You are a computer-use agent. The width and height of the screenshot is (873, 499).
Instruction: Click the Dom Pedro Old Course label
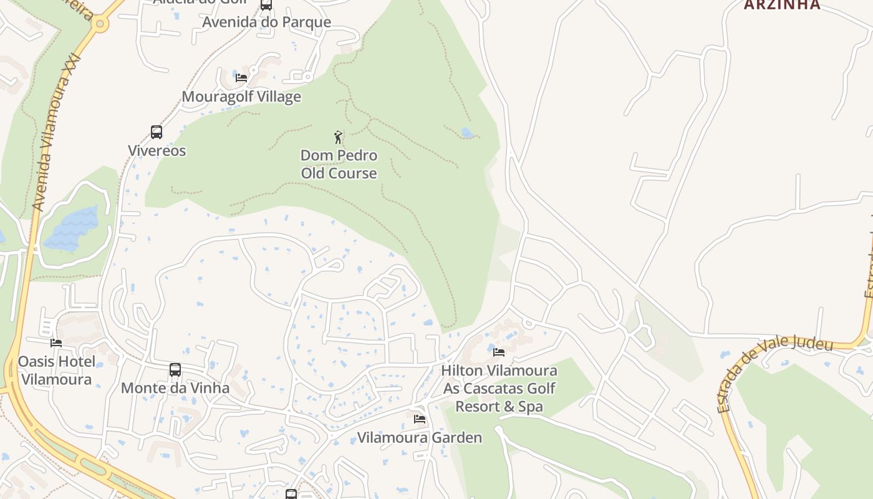point(339,164)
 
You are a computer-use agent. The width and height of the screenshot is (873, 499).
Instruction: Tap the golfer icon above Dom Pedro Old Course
point(338,137)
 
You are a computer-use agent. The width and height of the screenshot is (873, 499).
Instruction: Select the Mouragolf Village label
point(241,97)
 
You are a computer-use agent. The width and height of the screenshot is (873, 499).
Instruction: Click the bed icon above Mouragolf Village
point(241,78)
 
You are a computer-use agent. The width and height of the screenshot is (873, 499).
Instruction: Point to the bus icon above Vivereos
point(157,132)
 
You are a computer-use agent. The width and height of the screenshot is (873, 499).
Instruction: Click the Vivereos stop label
point(157,150)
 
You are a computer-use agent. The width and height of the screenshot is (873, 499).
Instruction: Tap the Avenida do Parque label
point(266,22)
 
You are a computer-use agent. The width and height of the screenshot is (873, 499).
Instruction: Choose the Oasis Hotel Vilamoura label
point(57,371)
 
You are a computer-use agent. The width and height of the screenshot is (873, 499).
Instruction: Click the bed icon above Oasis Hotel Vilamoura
point(56,342)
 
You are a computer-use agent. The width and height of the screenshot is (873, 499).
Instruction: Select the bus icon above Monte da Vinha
point(175,370)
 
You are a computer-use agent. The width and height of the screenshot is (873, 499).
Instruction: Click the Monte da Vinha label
point(175,388)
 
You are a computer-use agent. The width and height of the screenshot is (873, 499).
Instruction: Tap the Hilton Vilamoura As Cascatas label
point(499,388)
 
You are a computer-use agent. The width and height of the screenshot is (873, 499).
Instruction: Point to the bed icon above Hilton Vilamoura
point(499,352)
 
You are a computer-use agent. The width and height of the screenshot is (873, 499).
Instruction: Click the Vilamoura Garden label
point(420,437)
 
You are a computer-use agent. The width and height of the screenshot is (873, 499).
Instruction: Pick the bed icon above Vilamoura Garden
point(420,419)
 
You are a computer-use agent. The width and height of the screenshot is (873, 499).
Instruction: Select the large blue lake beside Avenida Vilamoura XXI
point(72,228)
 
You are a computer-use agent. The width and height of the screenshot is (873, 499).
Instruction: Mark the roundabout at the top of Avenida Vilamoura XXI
point(100,24)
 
